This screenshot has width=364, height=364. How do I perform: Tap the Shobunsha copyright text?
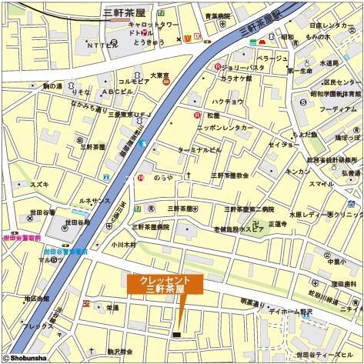click(26, 357)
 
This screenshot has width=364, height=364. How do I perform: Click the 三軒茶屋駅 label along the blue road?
click(259, 27)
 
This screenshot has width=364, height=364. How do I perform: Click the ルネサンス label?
click(97, 202)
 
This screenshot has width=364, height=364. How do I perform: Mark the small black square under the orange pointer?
click(176, 334)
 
